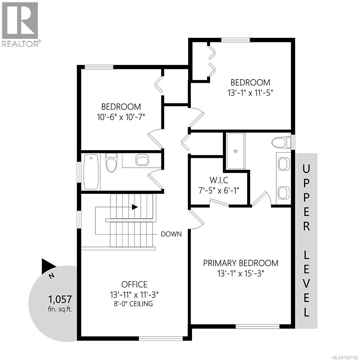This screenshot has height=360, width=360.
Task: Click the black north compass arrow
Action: pyautogui.click(x=48, y=265)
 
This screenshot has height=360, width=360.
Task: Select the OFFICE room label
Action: pyautogui.click(x=134, y=284)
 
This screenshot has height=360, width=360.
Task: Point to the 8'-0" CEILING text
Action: pyautogui.click(x=134, y=304)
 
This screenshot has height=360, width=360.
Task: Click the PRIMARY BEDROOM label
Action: pyautogui.click(x=241, y=263)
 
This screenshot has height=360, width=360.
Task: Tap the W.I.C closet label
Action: pyautogui.click(x=219, y=180)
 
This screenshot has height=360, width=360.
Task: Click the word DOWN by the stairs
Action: pyautogui.click(x=171, y=234)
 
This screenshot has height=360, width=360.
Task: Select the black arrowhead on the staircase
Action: pyautogui.click(x=135, y=207)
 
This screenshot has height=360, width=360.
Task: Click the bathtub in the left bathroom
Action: pyautogui.click(x=91, y=172)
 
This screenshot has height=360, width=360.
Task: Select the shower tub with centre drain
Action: pyautogui.click(x=236, y=151)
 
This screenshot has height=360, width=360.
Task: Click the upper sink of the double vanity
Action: pyautogui.click(x=283, y=164)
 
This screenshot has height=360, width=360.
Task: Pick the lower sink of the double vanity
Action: pyautogui.click(x=283, y=193)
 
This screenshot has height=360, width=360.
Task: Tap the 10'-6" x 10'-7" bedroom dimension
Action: pyautogui.click(x=121, y=117)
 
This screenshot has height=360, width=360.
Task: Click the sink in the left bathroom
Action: pyautogui.click(x=142, y=160)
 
